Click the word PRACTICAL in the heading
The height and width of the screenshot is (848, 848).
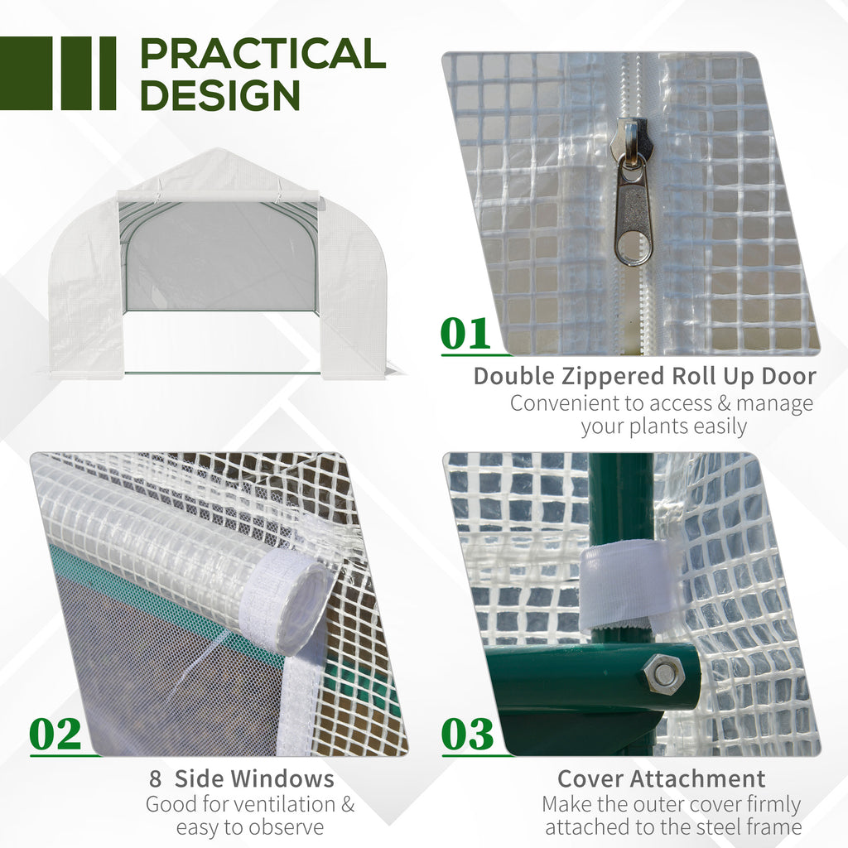263,54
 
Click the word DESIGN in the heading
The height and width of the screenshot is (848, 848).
219,95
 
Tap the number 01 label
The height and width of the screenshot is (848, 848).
465,335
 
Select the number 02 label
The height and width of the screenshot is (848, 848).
55,735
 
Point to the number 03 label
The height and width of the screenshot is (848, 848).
467,735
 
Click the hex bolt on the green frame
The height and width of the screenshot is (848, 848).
664,674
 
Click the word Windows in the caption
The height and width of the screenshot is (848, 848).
282,779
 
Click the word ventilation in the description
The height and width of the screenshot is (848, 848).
282,804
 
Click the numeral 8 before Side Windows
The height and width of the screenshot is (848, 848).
155,779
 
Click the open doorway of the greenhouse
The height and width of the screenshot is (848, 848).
220,257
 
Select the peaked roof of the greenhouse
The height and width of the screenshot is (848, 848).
217,168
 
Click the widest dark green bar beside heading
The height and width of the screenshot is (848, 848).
26,73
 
